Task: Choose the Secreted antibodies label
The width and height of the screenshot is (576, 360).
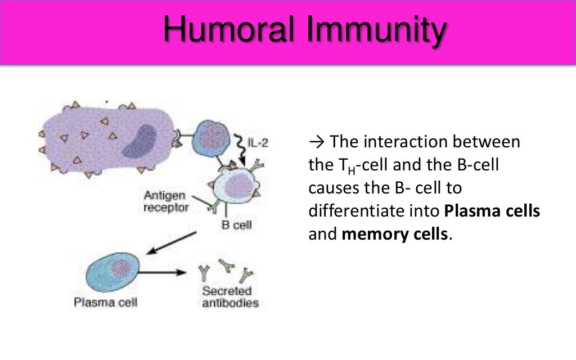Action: click(x=231, y=298)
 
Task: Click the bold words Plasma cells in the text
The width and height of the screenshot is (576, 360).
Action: click(x=492, y=212)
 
